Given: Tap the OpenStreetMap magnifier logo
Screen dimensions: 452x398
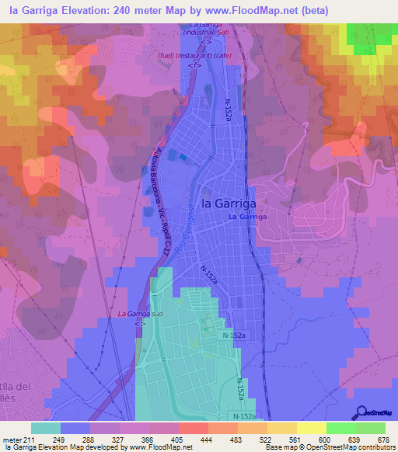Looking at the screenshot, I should (x=362, y=411).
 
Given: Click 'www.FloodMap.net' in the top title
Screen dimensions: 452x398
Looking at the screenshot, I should (x=256, y=10).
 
